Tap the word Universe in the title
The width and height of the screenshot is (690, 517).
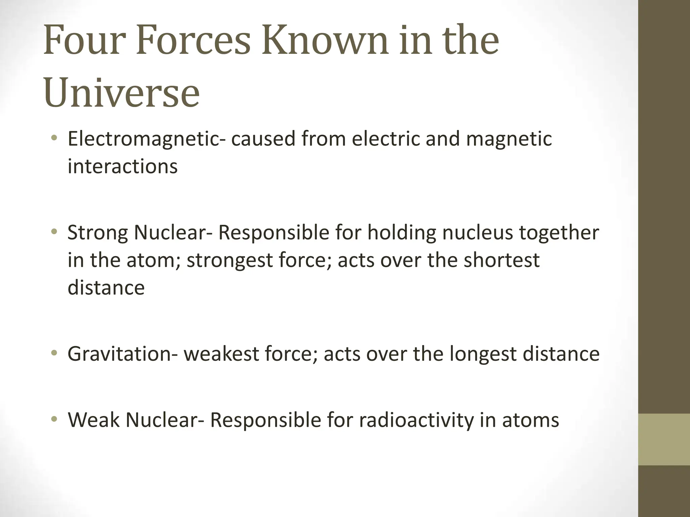coord(122,92)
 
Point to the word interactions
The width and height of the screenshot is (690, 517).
coord(122,166)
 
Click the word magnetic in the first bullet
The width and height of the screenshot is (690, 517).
coord(509,139)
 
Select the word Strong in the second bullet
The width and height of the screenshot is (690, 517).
coord(97,233)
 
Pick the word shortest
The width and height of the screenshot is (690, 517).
coord(502,260)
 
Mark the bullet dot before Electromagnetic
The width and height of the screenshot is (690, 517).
coord(54,138)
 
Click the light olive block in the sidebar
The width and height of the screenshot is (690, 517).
coord(664,440)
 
